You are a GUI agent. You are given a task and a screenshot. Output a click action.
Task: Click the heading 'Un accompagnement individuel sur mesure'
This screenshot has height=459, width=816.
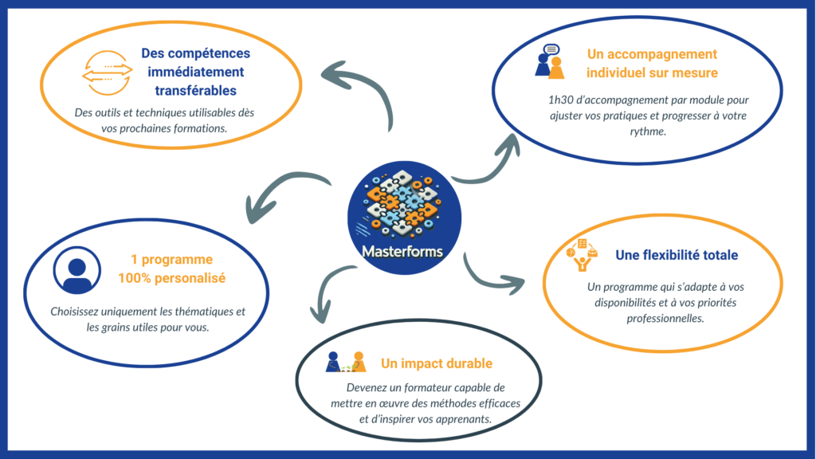point(652,64)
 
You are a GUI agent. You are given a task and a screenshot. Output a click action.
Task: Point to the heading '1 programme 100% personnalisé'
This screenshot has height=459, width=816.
point(171,269)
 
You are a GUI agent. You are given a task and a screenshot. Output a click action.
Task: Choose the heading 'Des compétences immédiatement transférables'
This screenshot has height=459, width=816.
point(195,72)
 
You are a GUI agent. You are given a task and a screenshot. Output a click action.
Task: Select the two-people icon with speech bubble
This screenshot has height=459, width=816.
point(549,61)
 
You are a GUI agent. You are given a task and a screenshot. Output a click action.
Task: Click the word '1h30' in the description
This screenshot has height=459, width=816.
point(555,101)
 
